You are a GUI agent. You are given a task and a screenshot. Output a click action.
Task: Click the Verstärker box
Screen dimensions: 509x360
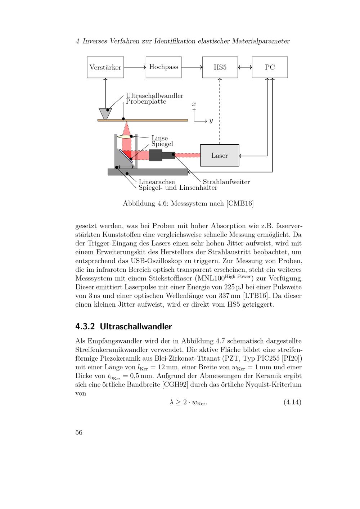[105, 67]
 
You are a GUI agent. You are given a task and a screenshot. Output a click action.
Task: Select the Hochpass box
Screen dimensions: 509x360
[163, 67]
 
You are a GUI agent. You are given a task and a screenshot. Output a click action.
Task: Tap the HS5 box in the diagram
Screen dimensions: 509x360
[220, 67]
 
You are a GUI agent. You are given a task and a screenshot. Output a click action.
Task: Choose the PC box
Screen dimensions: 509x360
[270, 67]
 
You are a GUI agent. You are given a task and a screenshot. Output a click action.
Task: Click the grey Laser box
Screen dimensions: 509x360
[220, 156]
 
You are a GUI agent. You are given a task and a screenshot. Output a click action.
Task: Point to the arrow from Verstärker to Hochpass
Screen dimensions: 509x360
[135, 67]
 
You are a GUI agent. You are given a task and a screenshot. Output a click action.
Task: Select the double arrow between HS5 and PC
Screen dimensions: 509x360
[245, 67]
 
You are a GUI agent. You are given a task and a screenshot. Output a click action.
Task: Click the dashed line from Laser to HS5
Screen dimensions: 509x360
[220, 112]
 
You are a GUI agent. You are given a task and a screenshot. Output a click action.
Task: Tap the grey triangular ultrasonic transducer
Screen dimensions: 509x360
[105, 113]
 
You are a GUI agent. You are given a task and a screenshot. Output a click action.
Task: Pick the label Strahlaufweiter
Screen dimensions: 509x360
[226, 182]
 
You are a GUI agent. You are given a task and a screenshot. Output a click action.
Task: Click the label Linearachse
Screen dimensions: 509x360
[157, 182]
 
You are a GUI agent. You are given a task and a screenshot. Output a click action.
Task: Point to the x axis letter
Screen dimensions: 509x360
[194, 104]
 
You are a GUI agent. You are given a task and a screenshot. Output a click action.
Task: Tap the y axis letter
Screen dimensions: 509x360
[211, 121]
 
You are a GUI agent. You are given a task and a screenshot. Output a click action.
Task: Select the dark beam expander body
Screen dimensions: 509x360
[156, 155]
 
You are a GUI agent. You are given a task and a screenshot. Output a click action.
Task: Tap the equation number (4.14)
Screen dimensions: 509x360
[292, 402]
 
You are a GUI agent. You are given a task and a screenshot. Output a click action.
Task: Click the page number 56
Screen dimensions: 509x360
[79, 432]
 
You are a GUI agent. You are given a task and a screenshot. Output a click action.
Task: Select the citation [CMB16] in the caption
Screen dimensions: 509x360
[240, 203]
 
